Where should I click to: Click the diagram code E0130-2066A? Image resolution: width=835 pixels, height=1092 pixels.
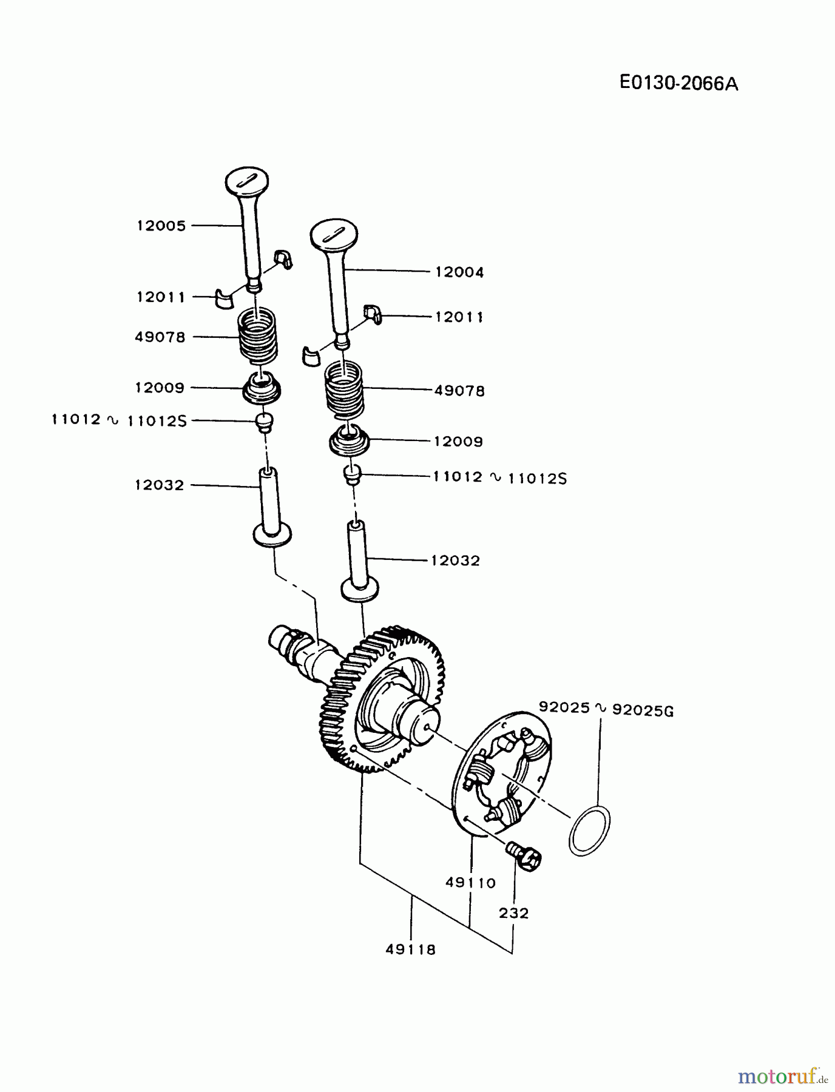[x=678, y=83]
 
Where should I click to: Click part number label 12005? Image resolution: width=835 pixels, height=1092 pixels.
[x=161, y=226]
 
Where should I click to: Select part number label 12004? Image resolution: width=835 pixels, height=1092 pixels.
[x=459, y=272]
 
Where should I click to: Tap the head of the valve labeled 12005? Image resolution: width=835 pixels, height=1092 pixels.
[x=246, y=180]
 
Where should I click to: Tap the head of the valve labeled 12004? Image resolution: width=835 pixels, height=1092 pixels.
[x=333, y=234]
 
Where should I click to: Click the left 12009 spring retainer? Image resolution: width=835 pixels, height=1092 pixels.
[x=262, y=388]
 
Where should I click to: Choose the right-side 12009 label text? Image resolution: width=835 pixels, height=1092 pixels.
[x=458, y=442]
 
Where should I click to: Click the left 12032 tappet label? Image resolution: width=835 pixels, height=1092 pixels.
[x=159, y=485]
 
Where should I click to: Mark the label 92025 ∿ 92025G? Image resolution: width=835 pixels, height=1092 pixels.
[x=606, y=708]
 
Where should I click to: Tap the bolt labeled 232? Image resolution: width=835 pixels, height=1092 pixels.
[x=524, y=856]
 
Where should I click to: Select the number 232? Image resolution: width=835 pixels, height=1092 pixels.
[x=513, y=912]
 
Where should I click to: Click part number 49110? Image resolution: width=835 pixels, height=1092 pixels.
[x=470, y=883]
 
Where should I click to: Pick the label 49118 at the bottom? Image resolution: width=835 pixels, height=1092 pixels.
[x=410, y=949]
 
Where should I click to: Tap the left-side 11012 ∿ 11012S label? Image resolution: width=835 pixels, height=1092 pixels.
[x=119, y=420]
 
